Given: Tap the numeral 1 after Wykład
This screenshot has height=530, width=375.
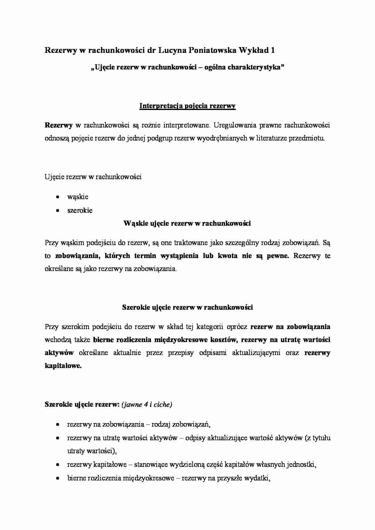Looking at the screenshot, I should [273, 50].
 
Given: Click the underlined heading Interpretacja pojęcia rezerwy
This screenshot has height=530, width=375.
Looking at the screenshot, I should [187, 106].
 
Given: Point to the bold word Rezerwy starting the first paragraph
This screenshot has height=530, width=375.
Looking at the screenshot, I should [59, 125].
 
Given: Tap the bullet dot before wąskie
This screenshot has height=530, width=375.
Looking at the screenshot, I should [57, 197].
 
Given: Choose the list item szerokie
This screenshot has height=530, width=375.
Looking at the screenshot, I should [80, 210].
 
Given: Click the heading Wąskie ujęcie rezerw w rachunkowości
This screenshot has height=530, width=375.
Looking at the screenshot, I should [187, 223].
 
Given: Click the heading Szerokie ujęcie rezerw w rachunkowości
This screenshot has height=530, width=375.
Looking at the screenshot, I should [187, 307].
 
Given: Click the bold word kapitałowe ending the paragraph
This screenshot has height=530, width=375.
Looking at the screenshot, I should [63, 366].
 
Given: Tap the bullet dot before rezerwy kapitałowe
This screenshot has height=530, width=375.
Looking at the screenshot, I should [57, 465].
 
